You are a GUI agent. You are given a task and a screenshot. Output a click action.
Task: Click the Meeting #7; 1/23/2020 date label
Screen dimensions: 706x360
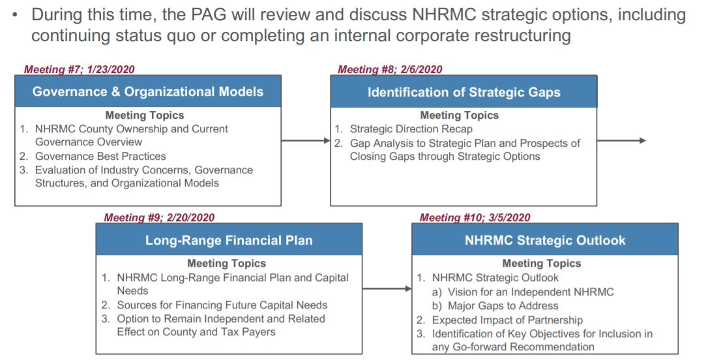[x=80, y=69]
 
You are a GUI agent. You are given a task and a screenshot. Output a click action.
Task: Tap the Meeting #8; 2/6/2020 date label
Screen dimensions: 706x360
[x=390, y=69]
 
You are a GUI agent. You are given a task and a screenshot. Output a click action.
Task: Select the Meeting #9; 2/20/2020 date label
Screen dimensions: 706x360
[x=160, y=218]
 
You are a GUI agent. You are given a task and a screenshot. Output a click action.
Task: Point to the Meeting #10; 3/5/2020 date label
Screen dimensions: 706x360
[x=475, y=218]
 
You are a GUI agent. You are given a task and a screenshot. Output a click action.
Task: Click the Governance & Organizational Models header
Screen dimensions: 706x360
[x=148, y=91]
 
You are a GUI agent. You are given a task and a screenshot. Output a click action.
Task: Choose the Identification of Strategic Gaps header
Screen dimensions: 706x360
[x=463, y=92]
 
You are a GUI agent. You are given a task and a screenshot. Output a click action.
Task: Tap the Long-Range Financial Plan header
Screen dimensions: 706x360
[x=229, y=240]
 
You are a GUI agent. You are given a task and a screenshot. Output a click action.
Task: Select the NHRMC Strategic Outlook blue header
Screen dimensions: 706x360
[x=545, y=240]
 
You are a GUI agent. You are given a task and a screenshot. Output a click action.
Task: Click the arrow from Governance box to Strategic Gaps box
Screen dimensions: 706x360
[x=306, y=141]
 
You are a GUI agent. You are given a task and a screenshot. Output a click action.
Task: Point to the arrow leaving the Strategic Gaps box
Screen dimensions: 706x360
[x=621, y=141]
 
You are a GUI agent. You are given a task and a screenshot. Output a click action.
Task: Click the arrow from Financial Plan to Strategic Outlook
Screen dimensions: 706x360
[x=387, y=288]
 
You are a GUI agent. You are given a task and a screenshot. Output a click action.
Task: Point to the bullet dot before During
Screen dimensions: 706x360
[x=16, y=14]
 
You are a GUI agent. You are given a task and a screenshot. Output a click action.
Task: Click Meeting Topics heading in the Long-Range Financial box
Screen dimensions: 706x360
[x=226, y=263]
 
